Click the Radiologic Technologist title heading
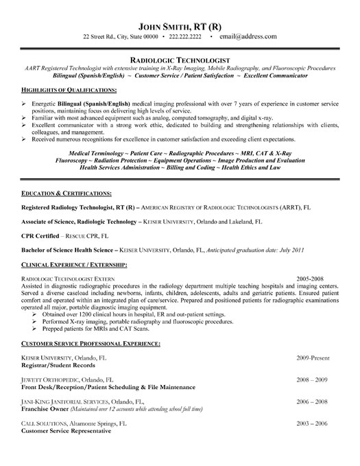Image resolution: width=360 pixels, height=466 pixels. pos(180,60)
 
